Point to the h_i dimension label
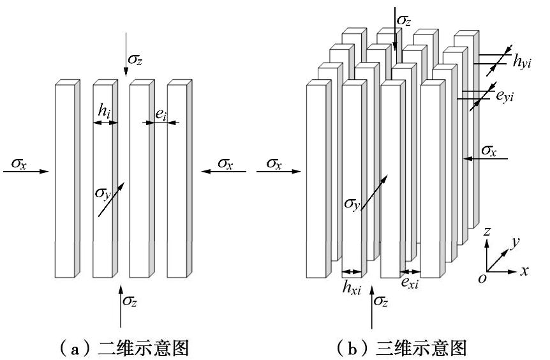[104, 110]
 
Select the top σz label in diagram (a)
[136, 59]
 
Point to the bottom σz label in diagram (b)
[382, 301]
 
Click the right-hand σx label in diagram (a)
[225, 163]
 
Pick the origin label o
[482, 278]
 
